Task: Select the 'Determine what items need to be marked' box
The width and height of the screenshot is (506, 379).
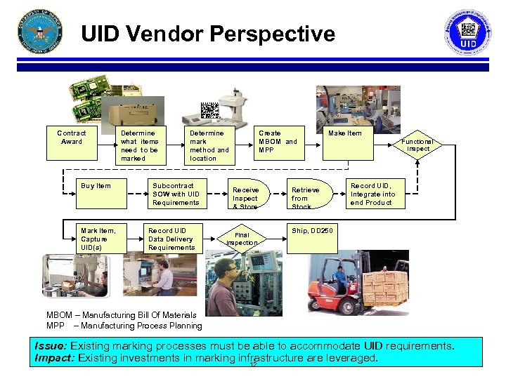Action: [x=140, y=145]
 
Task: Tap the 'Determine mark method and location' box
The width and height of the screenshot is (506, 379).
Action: [x=209, y=145]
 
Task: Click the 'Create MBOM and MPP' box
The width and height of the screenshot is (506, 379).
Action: [x=278, y=141]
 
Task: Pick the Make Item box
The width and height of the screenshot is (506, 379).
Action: [x=346, y=134]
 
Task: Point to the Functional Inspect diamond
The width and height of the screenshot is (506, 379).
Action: [x=417, y=145]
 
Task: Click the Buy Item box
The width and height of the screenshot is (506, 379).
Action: [x=96, y=187]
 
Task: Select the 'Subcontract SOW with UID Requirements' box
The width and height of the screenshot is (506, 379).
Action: [x=176, y=194]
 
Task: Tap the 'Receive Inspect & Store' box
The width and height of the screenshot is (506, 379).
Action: [x=245, y=197]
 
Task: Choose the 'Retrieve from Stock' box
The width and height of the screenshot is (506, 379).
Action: [x=305, y=197]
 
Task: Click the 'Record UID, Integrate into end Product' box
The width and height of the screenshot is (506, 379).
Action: [x=373, y=194]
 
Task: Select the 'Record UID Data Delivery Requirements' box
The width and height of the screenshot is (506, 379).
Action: [x=171, y=239]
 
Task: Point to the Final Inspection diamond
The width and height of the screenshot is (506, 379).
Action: [x=242, y=239]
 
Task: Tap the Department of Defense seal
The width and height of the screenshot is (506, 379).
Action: [x=39, y=33]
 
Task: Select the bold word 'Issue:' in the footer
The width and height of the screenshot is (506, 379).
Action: [x=52, y=346]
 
